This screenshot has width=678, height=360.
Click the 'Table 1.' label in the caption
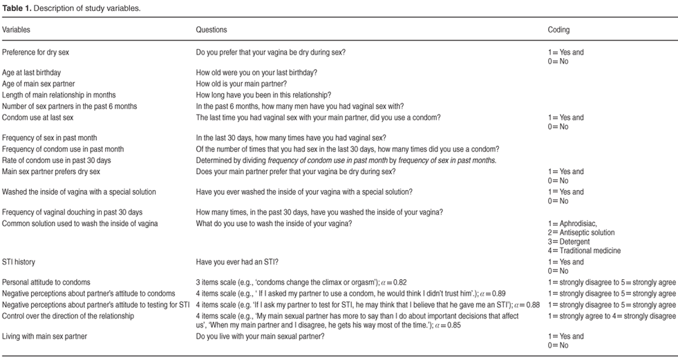coord(15,8)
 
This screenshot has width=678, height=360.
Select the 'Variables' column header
coord(17,30)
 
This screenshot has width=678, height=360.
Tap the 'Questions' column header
coord(211,30)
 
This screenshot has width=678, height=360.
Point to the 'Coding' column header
coord(558,30)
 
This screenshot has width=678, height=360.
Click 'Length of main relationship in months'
coord(59,95)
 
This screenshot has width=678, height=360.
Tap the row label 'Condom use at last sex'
coord(41,117)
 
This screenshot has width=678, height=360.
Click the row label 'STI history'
coord(19,263)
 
